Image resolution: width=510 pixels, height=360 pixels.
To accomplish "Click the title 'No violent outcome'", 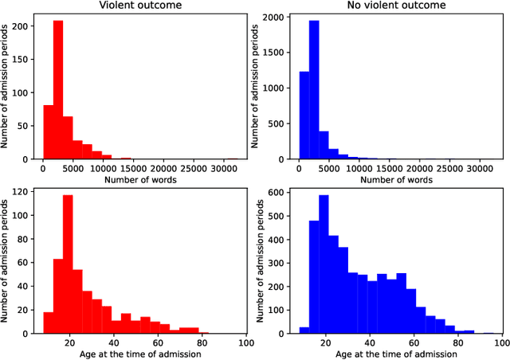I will [x=396, y=6].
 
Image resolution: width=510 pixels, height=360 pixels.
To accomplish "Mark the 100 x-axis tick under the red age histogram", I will [x=246, y=342].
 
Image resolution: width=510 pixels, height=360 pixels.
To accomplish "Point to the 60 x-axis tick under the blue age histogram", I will [x=415, y=342].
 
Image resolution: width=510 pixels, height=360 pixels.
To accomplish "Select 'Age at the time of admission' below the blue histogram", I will [x=396, y=354].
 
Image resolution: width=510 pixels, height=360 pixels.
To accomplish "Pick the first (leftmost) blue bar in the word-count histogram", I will [x=303, y=115].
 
